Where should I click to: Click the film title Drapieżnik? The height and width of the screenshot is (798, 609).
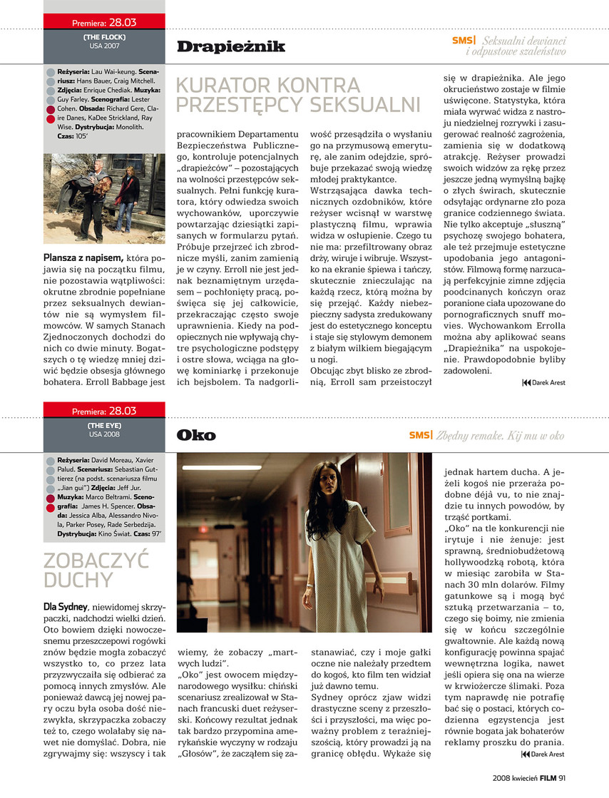click(230, 47)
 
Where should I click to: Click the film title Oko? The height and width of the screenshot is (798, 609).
click(195, 435)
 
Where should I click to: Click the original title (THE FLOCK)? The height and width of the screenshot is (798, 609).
click(104, 36)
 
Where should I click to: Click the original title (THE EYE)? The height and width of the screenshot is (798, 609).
click(104, 424)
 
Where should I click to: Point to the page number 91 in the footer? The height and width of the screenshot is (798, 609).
click(562, 778)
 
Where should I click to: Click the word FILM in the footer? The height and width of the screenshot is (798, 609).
click(547, 778)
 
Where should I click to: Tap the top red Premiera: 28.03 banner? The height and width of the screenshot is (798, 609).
click(104, 23)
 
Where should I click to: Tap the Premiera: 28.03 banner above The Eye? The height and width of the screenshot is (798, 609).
click(104, 411)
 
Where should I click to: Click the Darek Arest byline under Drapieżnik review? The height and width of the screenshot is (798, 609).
click(547, 383)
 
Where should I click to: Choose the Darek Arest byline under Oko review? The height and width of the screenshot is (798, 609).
click(547, 753)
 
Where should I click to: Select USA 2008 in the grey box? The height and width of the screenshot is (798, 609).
click(104, 434)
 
